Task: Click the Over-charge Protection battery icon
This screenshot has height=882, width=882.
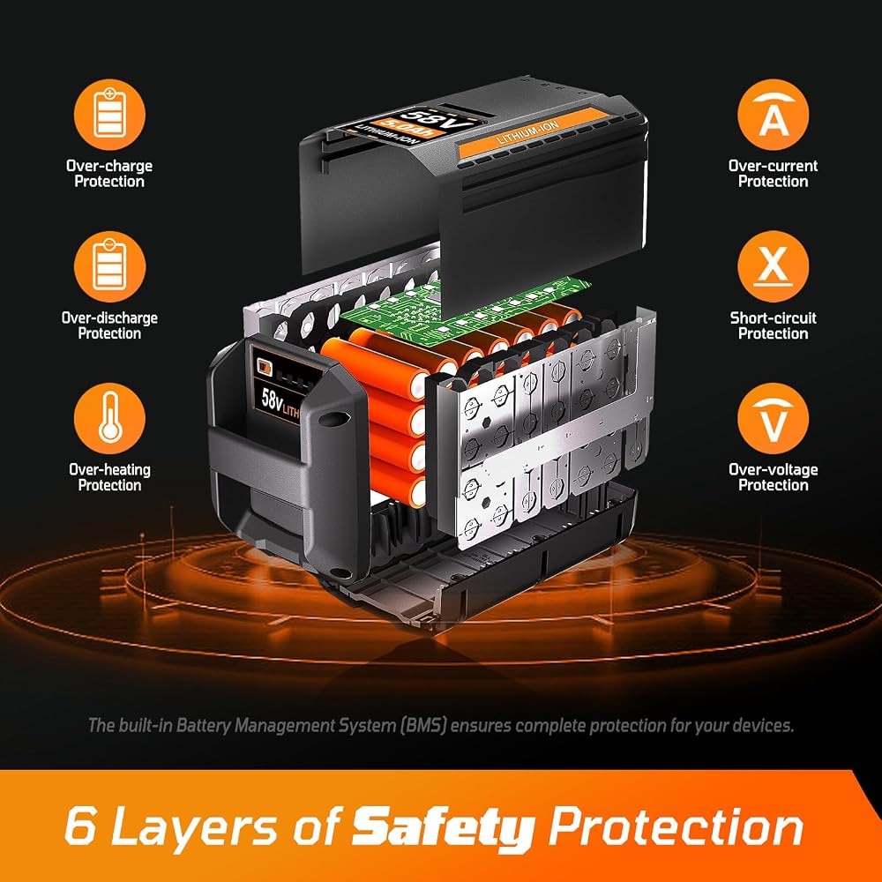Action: coord(109,114)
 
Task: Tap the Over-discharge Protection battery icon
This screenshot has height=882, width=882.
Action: coord(109,266)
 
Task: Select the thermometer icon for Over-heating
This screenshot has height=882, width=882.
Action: coord(109,418)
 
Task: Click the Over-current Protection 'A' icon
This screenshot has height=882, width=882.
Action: coord(773,114)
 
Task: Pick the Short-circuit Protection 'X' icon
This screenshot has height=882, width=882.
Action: coord(773,266)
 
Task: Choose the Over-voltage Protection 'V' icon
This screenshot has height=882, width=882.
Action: coord(773,418)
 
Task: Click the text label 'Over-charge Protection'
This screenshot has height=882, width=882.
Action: coord(109,174)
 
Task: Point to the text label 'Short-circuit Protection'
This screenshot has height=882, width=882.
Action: coord(773,325)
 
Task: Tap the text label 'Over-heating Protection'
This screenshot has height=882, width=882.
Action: coord(109,477)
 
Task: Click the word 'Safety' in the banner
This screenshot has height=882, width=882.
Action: coord(444,828)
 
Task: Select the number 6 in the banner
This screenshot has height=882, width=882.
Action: coord(80,826)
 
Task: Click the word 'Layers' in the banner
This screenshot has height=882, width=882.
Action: coord(195,828)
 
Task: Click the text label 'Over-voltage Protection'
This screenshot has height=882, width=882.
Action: coord(773,477)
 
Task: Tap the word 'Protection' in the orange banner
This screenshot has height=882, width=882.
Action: coord(676,826)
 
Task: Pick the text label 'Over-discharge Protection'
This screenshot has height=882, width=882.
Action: coord(109,325)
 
